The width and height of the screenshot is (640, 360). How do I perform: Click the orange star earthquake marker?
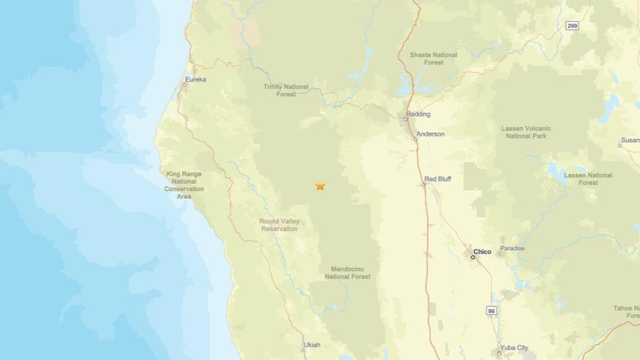(x=320, y=185)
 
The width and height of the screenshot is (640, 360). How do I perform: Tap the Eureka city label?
(x=196, y=80)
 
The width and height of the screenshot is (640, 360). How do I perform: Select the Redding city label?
(x=418, y=114)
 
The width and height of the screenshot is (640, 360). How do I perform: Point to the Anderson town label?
(x=431, y=134)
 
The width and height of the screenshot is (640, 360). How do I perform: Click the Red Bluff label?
(x=437, y=179)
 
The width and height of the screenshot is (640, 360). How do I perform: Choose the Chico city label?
(x=482, y=252)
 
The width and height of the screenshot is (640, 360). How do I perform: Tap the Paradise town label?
(x=512, y=248)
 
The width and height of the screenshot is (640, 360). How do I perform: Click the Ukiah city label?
(x=312, y=345)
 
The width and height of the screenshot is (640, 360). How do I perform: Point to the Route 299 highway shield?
(x=572, y=26)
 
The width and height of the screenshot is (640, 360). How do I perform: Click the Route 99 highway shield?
(x=491, y=311)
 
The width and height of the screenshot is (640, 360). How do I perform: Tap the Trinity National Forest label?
(x=286, y=90)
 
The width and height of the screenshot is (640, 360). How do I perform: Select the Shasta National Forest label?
(x=433, y=58)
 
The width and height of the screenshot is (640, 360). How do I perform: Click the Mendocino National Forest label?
(x=348, y=272)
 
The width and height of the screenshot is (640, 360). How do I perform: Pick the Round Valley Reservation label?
(x=279, y=225)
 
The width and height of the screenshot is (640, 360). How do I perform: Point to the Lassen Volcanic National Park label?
(x=526, y=132)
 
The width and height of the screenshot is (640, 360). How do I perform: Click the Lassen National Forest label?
(x=588, y=179)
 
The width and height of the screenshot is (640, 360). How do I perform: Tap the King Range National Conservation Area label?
(x=184, y=185)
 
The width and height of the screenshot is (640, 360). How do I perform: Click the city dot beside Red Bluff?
(x=424, y=184)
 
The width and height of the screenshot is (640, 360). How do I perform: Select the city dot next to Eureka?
(x=185, y=85)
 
